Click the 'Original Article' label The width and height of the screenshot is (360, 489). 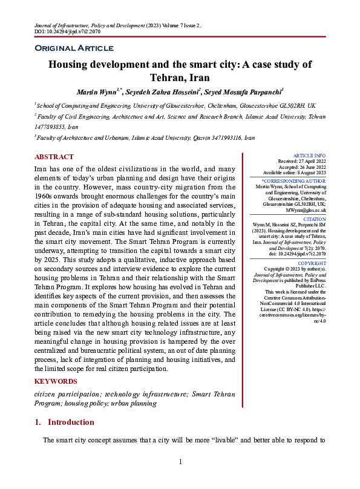tap(74, 48)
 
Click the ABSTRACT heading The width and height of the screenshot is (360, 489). tap(54, 157)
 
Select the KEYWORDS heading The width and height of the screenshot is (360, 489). tap(56, 381)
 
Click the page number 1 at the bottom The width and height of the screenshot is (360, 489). tap(180, 462)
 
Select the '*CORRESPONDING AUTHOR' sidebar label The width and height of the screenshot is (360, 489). tap(294, 181)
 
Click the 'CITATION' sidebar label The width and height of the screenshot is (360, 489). tap(315, 220)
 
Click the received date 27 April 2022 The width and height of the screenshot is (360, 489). tap(302, 162)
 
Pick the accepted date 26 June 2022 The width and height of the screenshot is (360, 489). tap(303, 168)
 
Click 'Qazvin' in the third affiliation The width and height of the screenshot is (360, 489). tap(188, 138)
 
